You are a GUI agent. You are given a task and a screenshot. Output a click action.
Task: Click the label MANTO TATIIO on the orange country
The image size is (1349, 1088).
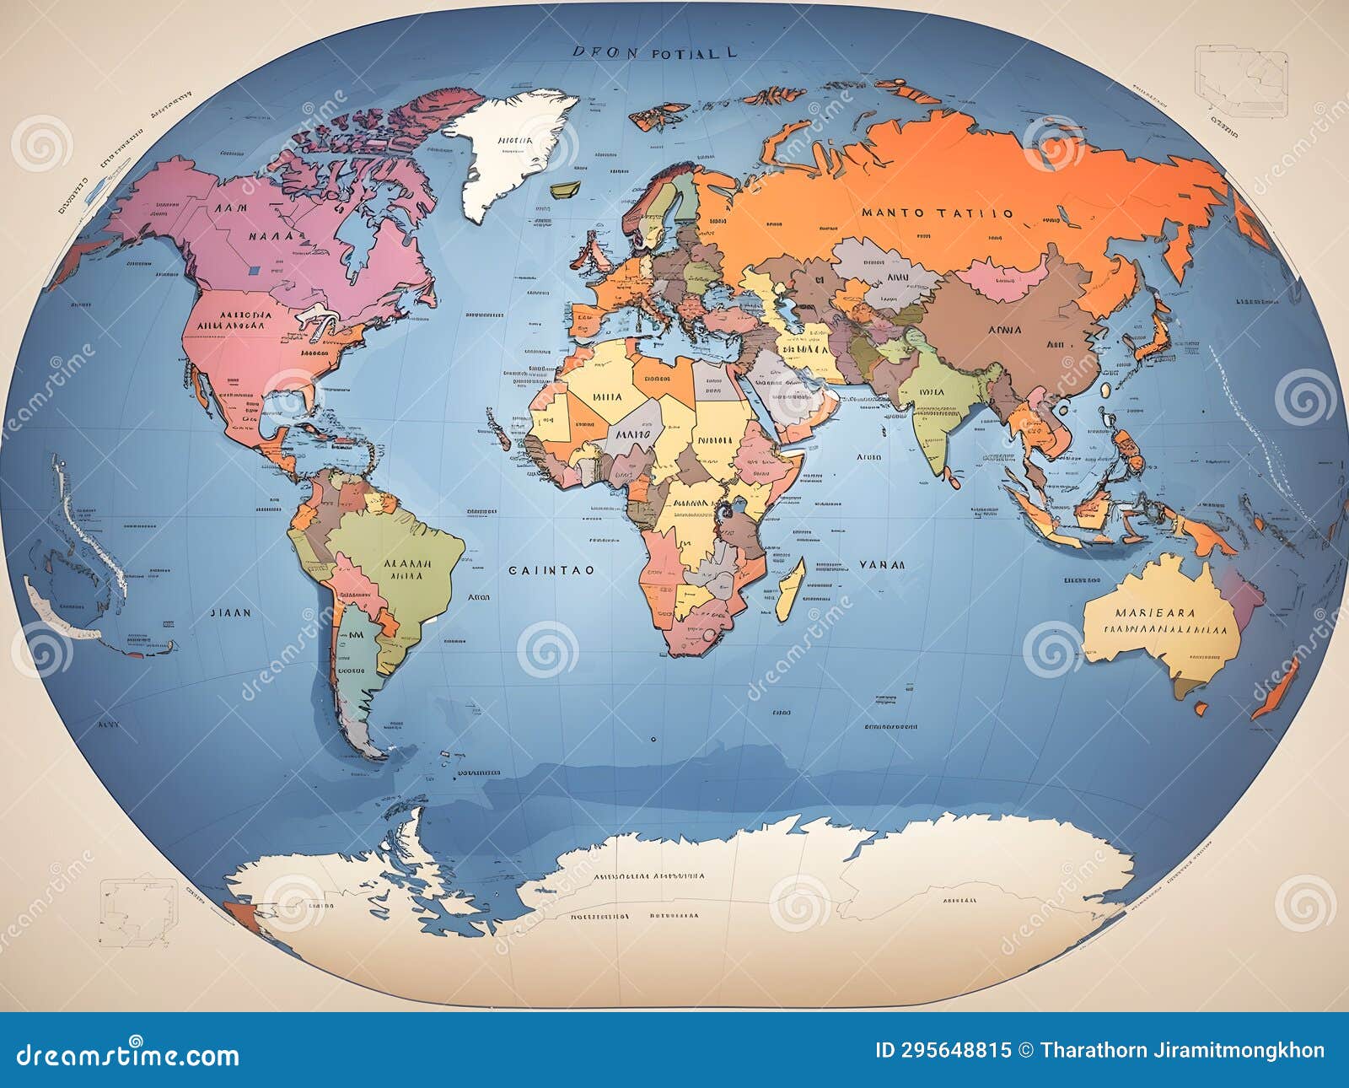pos(937,213)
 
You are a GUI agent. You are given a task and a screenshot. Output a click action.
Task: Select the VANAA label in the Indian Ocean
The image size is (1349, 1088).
pos(882,565)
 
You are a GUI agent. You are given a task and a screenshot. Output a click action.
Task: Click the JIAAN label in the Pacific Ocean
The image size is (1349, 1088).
pos(229,613)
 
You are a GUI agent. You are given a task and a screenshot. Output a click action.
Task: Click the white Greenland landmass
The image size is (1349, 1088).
pos(506,148)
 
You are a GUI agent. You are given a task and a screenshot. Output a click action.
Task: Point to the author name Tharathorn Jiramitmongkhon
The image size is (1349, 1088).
pos(1182,1050)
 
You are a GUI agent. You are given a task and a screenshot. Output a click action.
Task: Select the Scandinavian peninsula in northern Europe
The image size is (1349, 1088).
pos(666,202)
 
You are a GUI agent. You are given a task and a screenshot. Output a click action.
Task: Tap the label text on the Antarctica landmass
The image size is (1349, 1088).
pos(649,876)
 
